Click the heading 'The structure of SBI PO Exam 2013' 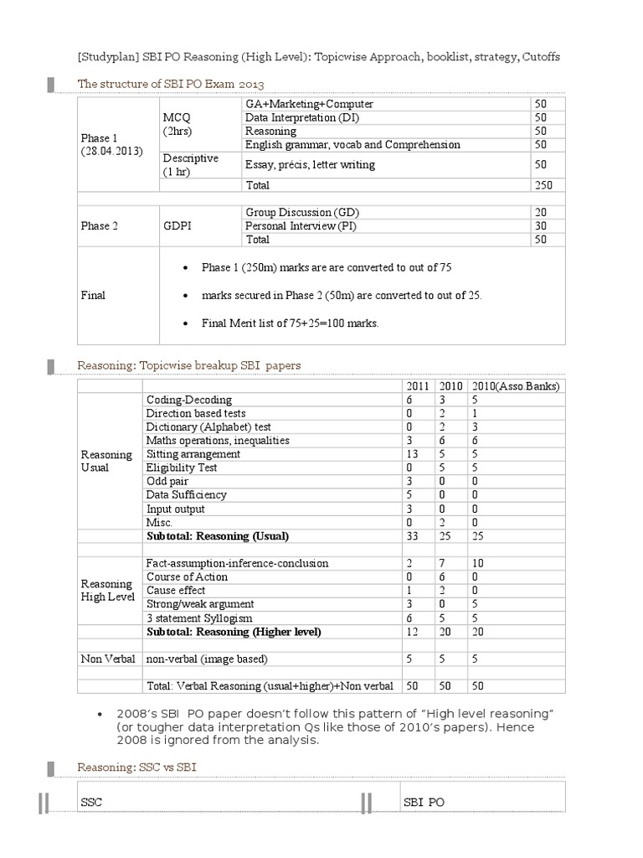coord(170,84)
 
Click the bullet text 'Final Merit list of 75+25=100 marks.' coord(290,323)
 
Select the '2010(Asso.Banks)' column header coord(515,385)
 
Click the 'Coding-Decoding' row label coord(189,400)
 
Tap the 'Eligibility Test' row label coord(182,468)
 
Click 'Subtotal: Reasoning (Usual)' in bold coord(223,535)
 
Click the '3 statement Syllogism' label coord(198,618)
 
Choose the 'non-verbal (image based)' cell coord(207,659)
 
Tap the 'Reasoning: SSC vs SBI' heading coord(137,767)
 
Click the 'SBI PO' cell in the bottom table coord(424,802)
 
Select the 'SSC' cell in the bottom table coord(90,802)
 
